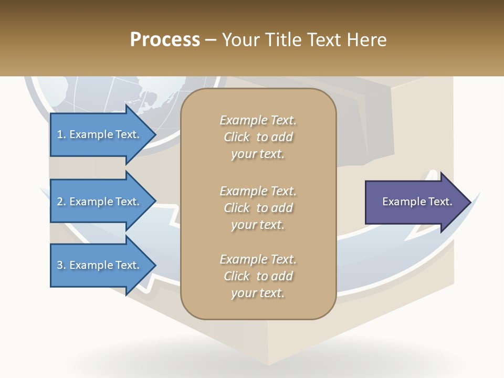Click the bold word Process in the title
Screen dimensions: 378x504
point(165,40)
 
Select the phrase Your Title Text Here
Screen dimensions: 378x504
point(304,40)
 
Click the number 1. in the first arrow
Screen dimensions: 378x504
point(61,135)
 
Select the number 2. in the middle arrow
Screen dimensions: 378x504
point(61,202)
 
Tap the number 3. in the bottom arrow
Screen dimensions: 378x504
point(61,266)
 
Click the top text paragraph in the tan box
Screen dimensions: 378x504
point(258,137)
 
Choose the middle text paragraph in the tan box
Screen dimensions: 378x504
point(258,208)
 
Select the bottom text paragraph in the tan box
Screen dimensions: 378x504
point(258,276)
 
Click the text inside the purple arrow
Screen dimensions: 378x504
point(417,202)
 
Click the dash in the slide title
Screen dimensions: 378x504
point(211,40)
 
